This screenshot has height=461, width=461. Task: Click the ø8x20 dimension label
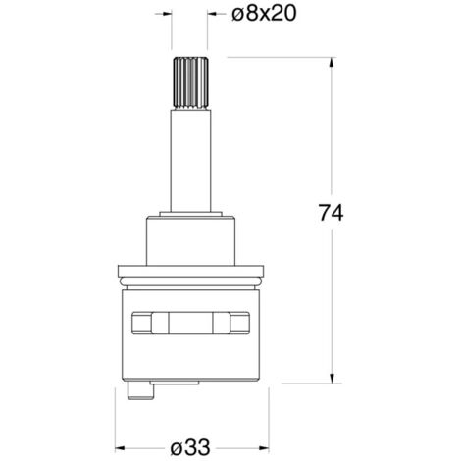pyautogui.click(x=264, y=14)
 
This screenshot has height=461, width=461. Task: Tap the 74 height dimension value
pyautogui.click(x=331, y=213)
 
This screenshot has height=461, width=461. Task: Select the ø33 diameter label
pyautogui.click(x=190, y=447)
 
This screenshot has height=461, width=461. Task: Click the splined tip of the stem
pyautogui.click(x=190, y=83)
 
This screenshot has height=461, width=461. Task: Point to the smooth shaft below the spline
pyautogui.click(x=190, y=161)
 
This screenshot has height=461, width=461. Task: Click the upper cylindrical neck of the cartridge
pyautogui.click(x=191, y=240)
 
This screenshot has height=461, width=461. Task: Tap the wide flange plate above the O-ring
pyautogui.click(x=190, y=271)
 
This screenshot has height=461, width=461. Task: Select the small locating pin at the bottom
pyautogui.click(x=141, y=390)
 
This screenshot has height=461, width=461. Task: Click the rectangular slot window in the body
pyautogui.click(x=190, y=323)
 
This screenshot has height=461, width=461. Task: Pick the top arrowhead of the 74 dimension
pyautogui.click(x=332, y=63)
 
